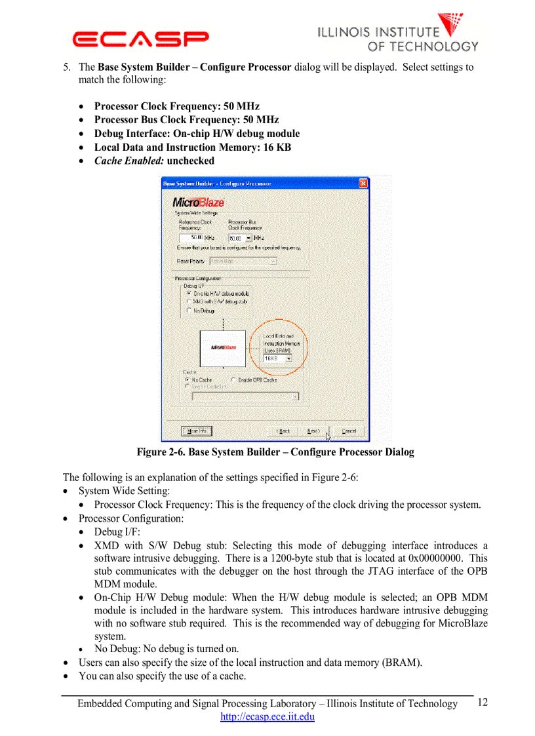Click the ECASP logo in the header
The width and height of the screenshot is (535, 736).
click(x=140, y=39)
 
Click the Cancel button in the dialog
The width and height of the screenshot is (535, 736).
click(x=349, y=431)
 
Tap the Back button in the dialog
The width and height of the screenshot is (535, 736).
click(x=283, y=431)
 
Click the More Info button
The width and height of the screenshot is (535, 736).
click(x=197, y=431)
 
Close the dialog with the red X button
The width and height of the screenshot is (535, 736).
click(x=363, y=184)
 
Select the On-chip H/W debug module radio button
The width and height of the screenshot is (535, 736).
click(x=189, y=294)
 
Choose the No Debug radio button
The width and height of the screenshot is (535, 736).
click(x=189, y=310)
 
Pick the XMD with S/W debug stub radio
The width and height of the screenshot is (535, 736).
click(x=189, y=301)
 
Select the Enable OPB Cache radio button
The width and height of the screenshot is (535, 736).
click(x=234, y=379)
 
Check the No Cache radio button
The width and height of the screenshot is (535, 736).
click(x=188, y=379)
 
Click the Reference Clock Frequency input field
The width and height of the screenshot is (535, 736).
click(x=195, y=237)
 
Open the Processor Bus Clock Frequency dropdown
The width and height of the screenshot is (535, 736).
click(x=248, y=238)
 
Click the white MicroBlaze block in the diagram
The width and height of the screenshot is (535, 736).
click(x=223, y=348)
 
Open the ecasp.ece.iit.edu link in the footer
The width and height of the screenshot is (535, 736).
click(x=267, y=716)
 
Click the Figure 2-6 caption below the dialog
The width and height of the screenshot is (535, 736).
click(x=275, y=452)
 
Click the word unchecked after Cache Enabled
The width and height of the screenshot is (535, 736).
click(x=190, y=161)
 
